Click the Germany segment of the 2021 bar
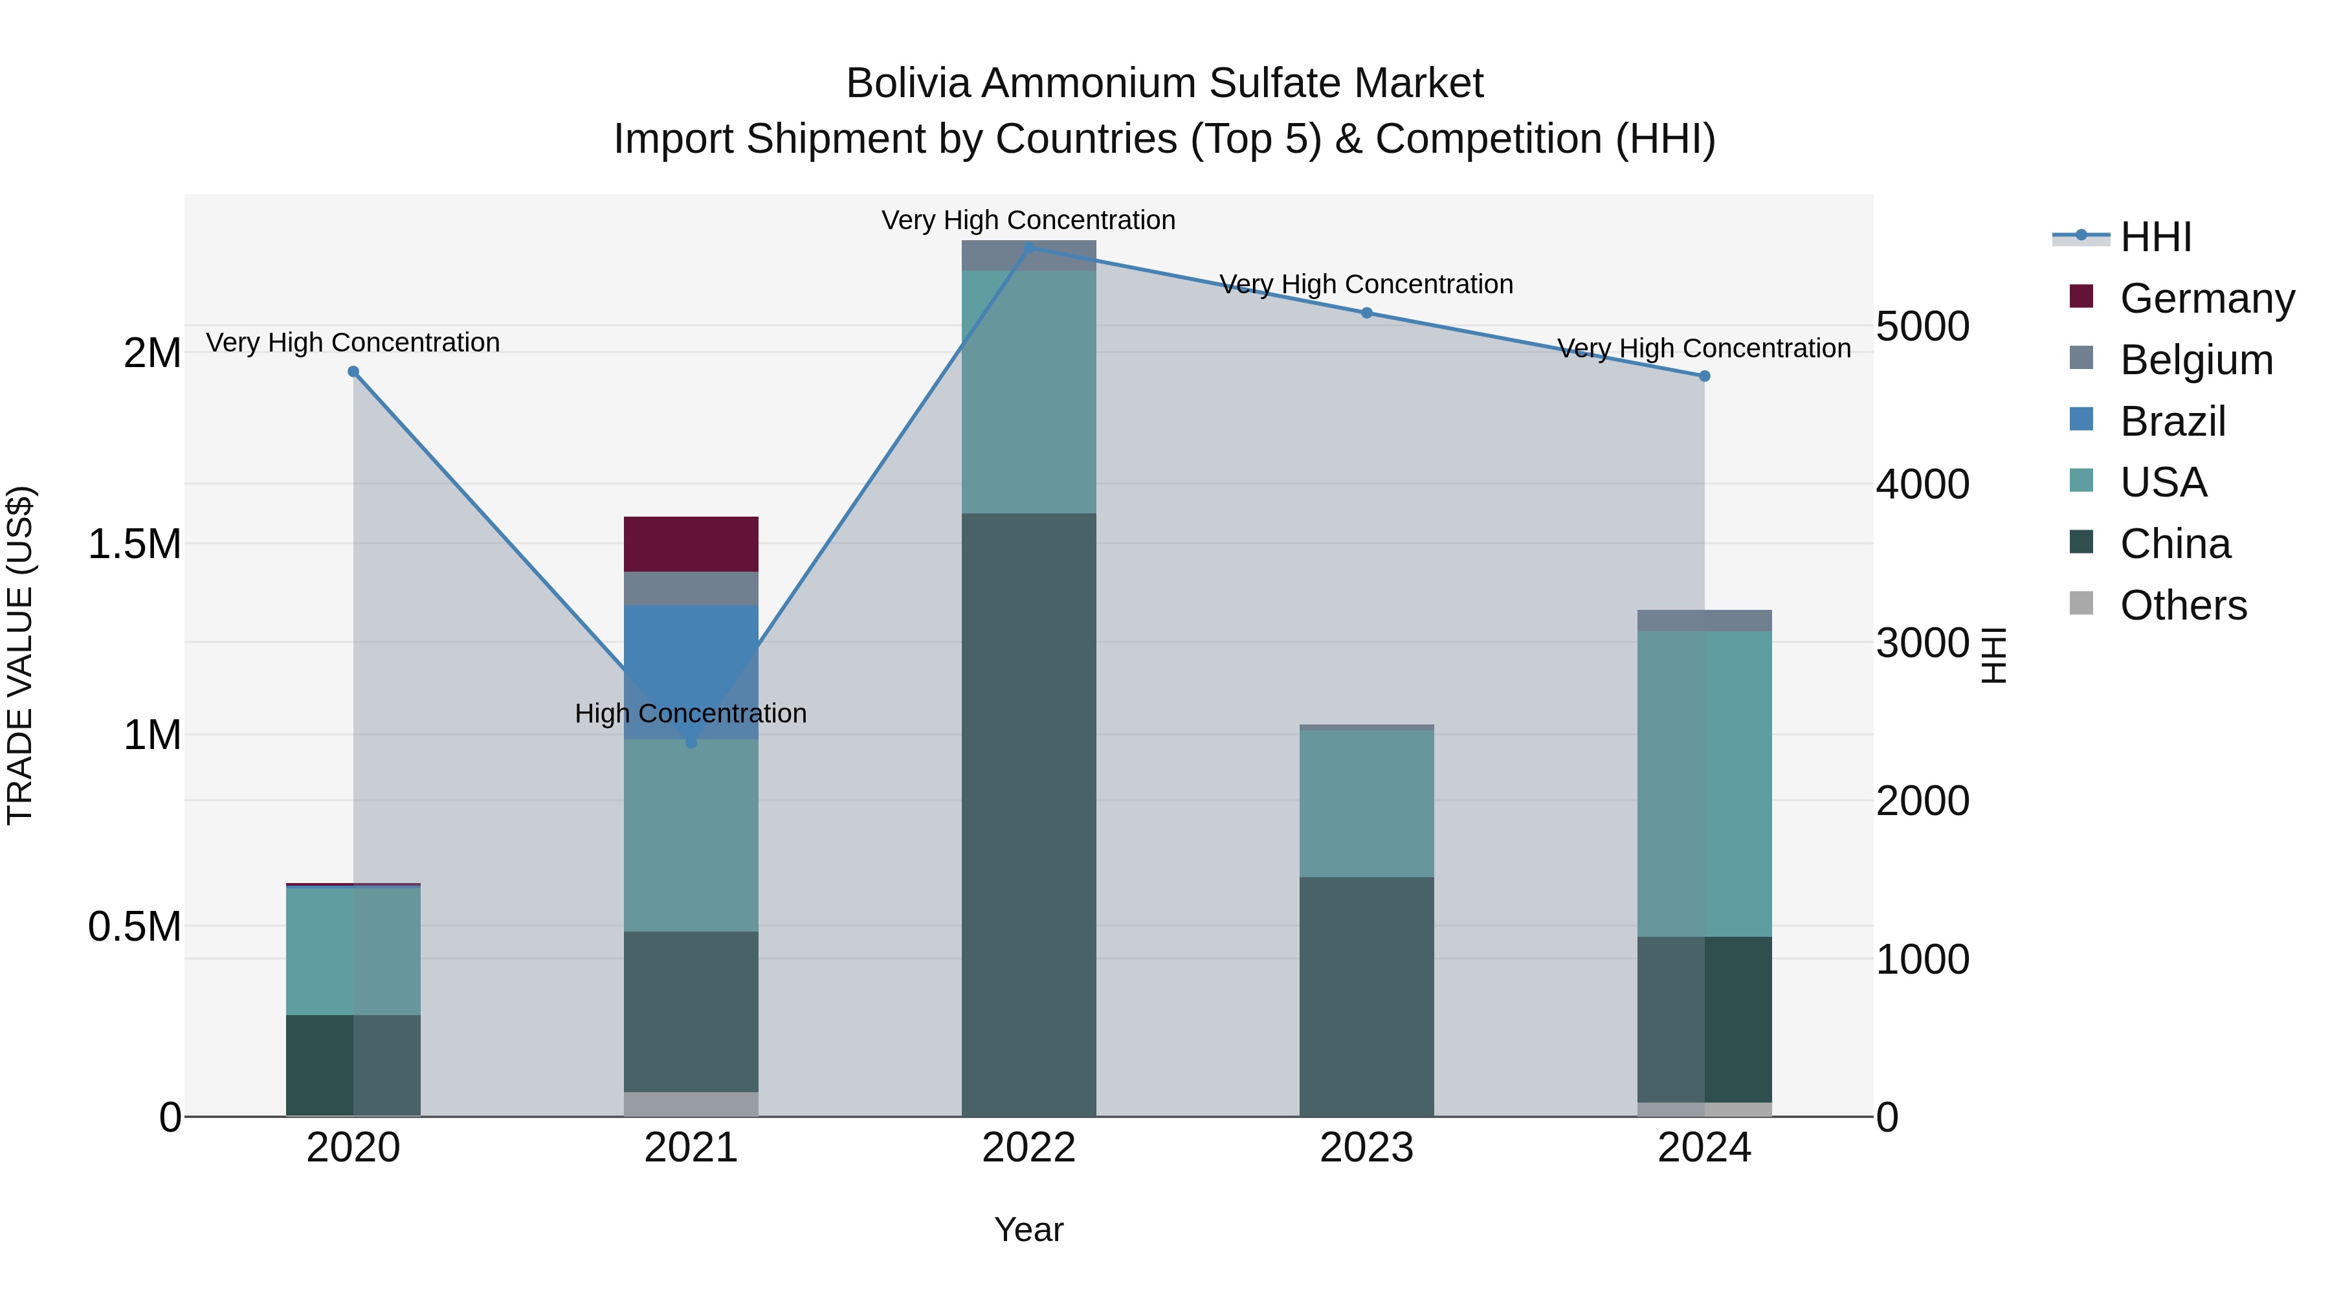[x=691, y=544]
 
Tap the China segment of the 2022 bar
[x=1028, y=814]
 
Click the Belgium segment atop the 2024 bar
[x=1704, y=621]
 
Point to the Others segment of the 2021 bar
[x=691, y=1104]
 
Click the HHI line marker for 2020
[x=353, y=372]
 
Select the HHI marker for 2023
[x=1367, y=313]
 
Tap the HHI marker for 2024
[x=1705, y=376]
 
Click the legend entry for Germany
[x=2206, y=298]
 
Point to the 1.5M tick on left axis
[x=134, y=544]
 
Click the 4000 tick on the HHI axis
[x=1923, y=484]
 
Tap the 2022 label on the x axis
[x=1028, y=1148]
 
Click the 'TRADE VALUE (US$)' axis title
[x=20, y=656]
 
